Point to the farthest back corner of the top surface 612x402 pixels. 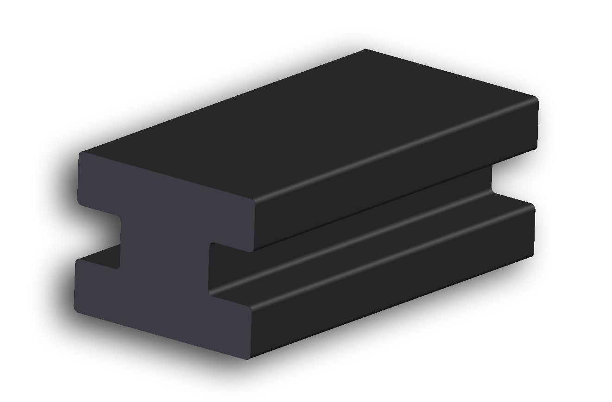click(x=366, y=49)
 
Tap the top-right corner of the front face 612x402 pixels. click(x=254, y=202)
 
